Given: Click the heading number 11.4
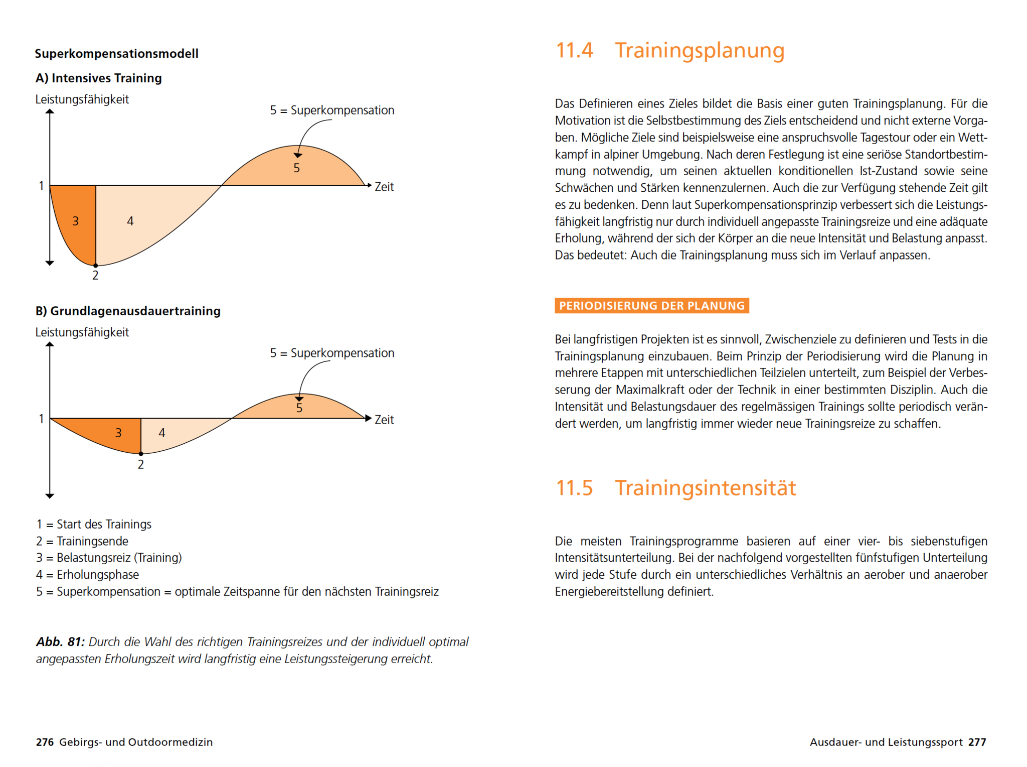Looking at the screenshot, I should pyautogui.click(x=574, y=50).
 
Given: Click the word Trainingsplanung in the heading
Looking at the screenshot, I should pyautogui.click(x=700, y=51).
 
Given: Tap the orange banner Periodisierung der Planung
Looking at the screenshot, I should pyautogui.click(x=651, y=306).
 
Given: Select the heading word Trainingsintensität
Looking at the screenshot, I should pyautogui.click(x=705, y=488).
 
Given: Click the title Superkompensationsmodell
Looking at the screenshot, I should pyautogui.click(x=116, y=54).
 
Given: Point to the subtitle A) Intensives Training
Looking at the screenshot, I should pyautogui.click(x=99, y=78).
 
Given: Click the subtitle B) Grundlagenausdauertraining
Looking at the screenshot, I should pyautogui.click(x=128, y=311).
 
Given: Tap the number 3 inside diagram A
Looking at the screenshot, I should pyautogui.click(x=76, y=221).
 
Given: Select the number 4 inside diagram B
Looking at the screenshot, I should pyautogui.click(x=162, y=433).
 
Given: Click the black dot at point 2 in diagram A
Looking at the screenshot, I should pyautogui.click(x=96, y=266).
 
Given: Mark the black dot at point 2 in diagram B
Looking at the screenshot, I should pyautogui.click(x=141, y=454).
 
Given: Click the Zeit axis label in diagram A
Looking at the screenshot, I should pyautogui.click(x=384, y=187).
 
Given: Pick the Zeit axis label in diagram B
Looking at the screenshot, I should pyautogui.click(x=384, y=420).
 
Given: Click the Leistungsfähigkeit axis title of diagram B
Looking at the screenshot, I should pyautogui.click(x=82, y=332).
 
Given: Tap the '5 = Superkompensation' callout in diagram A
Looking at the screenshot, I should pyautogui.click(x=332, y=110).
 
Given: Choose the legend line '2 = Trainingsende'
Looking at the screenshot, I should pyautogui.click(x=82, y=541).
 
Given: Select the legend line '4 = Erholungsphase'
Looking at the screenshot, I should pyautogui.click(x=88, y=575).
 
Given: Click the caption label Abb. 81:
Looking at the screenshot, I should pyautogui.click(x=60, y=642).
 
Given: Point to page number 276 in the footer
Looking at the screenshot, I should pyautogui.click(x=45, y=742).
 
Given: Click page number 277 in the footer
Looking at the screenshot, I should pyautogui.click(x=977, y=742).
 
